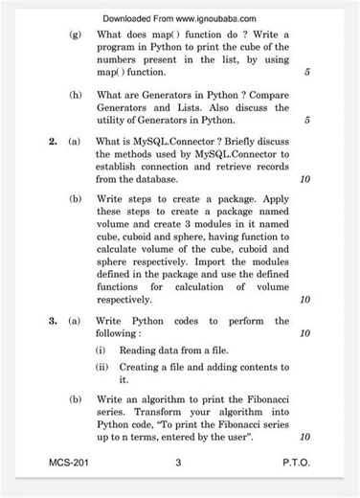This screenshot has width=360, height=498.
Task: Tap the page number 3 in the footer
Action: [179, 463]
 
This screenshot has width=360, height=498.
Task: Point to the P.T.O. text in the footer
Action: [296, 463]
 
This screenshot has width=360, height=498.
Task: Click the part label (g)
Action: [75, 34]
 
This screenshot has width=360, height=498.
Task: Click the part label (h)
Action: [75, 96]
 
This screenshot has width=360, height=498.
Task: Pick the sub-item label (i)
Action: [101, 351]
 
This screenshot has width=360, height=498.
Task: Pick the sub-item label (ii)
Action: [101, 367]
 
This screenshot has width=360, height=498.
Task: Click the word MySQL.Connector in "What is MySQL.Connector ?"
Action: [177, 141]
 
